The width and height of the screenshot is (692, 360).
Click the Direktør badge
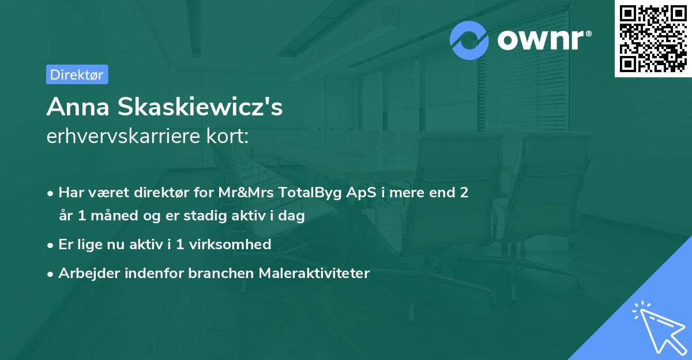(x=77, y=74)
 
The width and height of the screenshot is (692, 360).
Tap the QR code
(x=653, y=39)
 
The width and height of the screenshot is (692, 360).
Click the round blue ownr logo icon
(x=469, y=40)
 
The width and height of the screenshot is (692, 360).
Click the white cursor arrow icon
(x=657, y=326)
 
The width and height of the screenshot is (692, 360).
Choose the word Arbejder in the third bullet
(x=85, y=273)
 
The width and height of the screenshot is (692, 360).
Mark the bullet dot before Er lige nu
(x=51, y=245)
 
